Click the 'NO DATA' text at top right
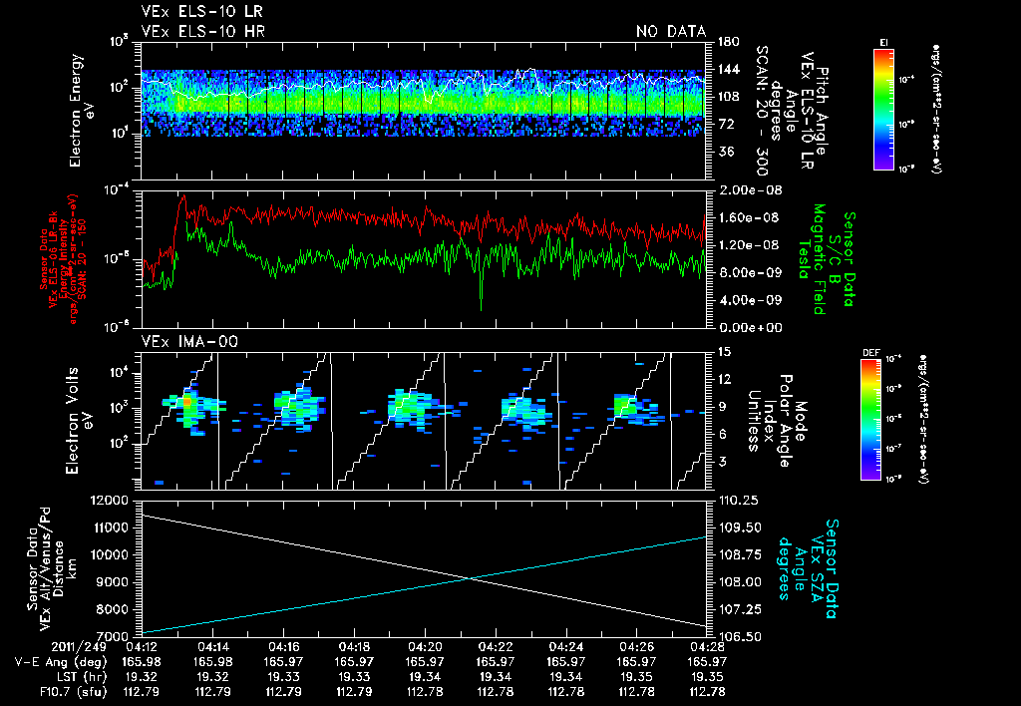point(671,32)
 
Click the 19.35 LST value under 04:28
point(707,676)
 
